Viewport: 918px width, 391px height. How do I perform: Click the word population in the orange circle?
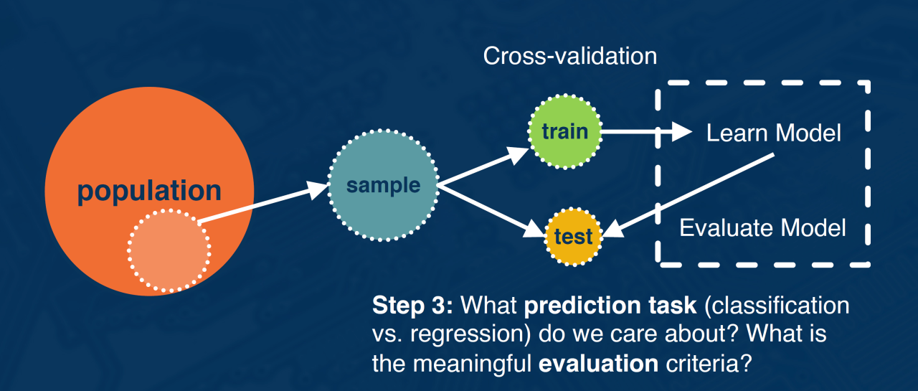[x=149, y=192]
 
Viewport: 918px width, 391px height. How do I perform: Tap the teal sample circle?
[x=383, y=185]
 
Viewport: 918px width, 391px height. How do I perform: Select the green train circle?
[x=564, y=131]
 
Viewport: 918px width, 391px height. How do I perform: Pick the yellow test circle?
[x=573, y=236]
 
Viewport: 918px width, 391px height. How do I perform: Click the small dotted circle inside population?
[x=169, y=249]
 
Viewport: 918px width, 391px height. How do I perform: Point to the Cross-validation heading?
[x=570, y=56]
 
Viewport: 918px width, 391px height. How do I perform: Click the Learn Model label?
[x=773, y=133]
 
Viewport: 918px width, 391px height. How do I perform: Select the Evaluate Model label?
[x=762, y=228]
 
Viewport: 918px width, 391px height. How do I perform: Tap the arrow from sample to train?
[x=484, y=166]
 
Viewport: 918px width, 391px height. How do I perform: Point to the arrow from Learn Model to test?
[x=688, y=194]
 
